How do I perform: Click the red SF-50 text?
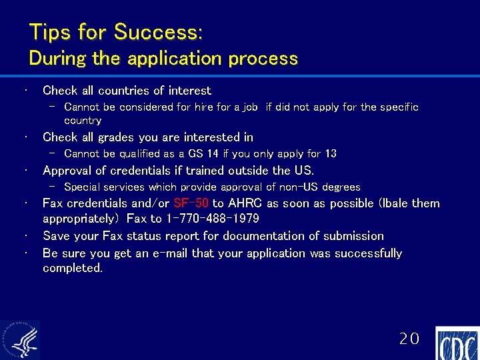click(191, 203)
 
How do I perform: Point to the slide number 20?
click(409, 339)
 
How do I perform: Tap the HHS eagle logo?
click(20, 340)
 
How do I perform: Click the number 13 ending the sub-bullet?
click(330, 153)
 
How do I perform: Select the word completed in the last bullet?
click(72, 268)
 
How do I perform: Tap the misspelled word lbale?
click(397, 203)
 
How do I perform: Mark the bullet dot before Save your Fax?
click(23, 236)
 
